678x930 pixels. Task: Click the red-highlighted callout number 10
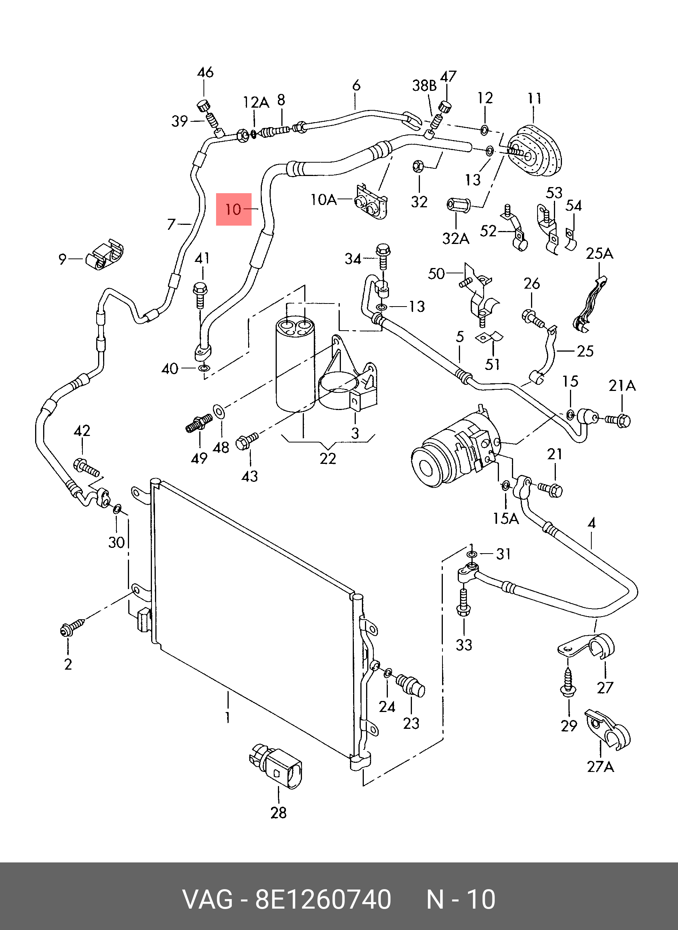pos(234,209)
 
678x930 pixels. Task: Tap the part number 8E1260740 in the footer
pos(323,899)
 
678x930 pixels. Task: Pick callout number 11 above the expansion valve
pos(534,98)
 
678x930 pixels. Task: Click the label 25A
pos(599,253)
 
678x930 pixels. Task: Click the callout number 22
pos(328,459)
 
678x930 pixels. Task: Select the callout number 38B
pos(424,86)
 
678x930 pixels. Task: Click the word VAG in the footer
pos(208,899)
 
